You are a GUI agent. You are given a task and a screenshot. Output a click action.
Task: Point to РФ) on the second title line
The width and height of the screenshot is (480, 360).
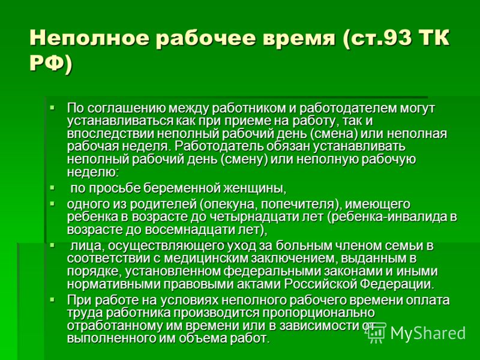[x=50, y=64]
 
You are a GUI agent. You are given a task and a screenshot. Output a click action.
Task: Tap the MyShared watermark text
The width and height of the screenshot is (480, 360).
[x=428, y=333]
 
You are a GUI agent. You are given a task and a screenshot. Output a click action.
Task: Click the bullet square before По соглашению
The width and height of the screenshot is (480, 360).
[x=52, y=107]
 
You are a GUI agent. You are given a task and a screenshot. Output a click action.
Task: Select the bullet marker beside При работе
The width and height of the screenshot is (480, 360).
[x=52, y=299]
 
